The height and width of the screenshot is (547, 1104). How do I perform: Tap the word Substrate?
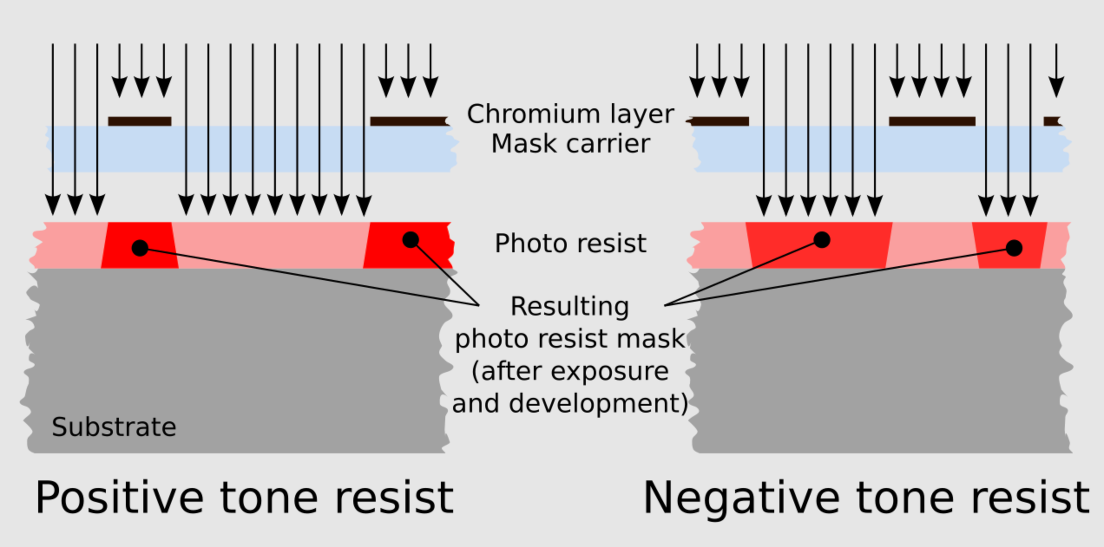114,427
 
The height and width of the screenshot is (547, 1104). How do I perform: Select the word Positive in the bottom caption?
119,498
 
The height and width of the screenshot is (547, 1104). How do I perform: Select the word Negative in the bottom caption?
742,498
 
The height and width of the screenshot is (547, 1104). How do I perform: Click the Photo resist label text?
571,243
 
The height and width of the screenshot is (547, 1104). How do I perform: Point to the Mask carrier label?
571,143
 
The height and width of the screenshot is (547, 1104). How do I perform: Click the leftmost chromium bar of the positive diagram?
140,121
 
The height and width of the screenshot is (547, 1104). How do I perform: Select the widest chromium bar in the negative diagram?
932,121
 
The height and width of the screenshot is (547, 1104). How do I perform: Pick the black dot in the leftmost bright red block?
140,248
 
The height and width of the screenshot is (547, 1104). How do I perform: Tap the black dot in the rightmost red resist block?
1014,248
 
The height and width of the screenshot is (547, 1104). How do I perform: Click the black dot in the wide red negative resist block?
822,240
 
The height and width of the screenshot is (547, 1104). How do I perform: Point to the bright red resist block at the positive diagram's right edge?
408,245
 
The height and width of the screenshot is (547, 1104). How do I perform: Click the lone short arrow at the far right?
1056,71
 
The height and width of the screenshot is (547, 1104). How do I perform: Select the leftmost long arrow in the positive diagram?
53,129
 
